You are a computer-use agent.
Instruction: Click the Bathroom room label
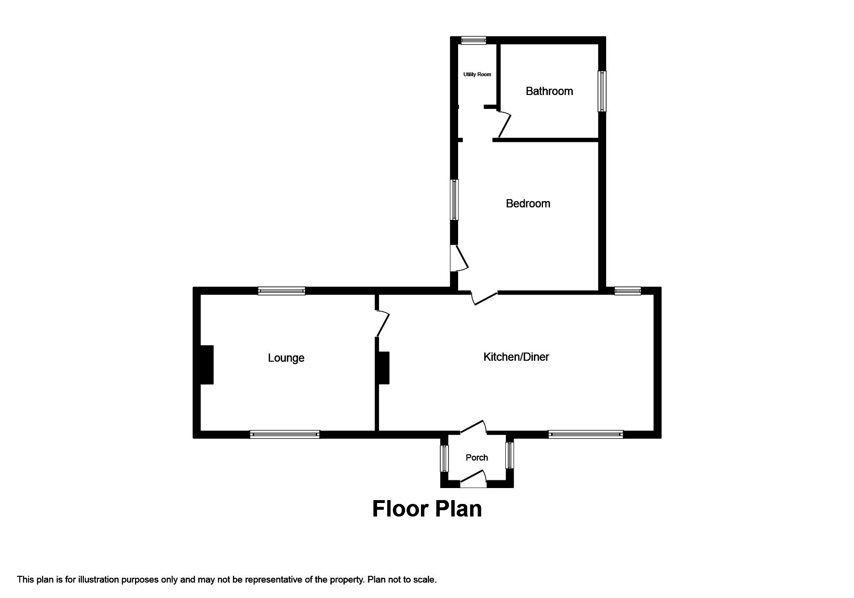tap(549, 91)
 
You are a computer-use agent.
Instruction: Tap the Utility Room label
tap(477, 74)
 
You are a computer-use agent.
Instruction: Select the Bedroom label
tap(528, 204)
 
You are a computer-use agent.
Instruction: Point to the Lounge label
tap(286, 358)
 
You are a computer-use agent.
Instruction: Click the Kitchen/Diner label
tap(516, 357)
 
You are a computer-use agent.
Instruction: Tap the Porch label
tap(477, 458)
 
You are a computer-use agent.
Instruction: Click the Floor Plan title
tap(427, 509)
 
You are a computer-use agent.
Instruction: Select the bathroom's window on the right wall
tap(602, 91)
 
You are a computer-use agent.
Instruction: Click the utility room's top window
tap(473, 41)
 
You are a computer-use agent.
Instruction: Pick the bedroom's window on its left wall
tap(454, 200)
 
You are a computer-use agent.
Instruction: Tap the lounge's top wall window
tap(282, 291)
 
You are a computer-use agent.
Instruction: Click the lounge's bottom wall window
tap(285, 435)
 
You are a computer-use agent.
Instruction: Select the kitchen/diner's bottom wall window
tap(585, 435)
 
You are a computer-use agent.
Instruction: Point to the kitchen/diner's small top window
tap(627, 291)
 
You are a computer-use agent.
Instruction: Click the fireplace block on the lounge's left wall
tap(206, 365)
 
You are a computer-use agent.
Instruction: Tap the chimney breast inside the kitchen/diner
tap(383, 368)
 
